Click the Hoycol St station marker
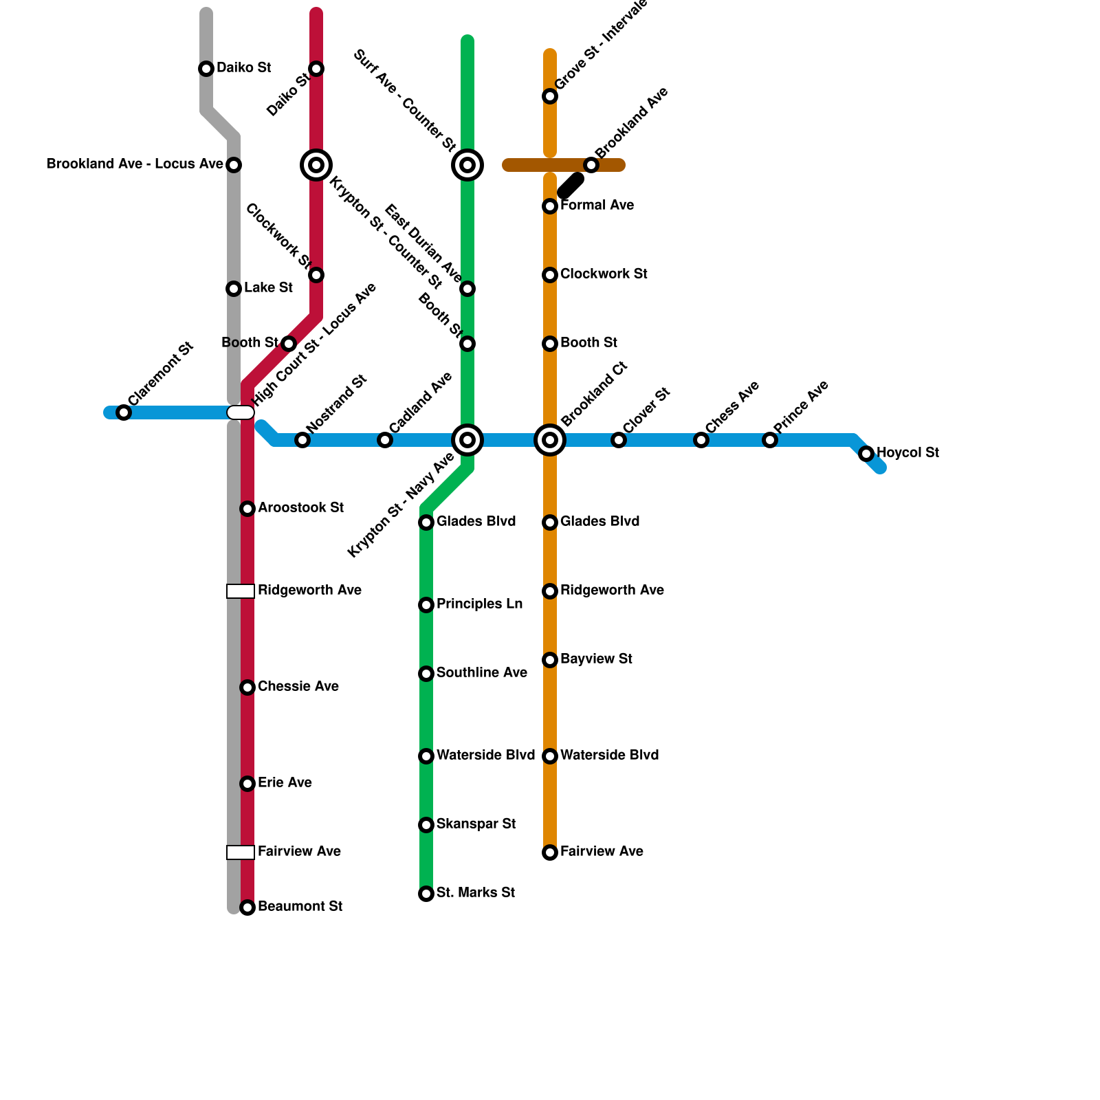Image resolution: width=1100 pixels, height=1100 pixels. tap(866, 454)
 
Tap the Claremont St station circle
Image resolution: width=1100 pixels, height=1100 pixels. tap(124, 412)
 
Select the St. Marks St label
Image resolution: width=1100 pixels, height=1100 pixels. tap(475, 892)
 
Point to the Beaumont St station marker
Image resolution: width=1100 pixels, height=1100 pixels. tap(247, 907)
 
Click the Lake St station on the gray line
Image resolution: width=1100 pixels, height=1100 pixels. tap(234, 289)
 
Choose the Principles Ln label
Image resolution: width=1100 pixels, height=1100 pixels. tap(479, 604)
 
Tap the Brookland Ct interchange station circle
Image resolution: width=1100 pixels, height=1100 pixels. tap(550, 440)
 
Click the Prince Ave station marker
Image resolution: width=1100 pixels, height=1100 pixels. tap(770, 440)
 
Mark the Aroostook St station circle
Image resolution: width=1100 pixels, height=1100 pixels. tap(247, 509)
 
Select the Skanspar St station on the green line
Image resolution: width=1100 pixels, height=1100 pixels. tap(426, 825)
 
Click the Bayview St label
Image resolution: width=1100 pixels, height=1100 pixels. tap(596, 659)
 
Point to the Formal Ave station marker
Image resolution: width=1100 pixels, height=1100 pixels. tap(550, 206)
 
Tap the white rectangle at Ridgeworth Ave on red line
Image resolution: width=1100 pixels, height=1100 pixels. tap(241, 591)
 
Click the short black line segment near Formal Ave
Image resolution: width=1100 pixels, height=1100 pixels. tap(571, 186)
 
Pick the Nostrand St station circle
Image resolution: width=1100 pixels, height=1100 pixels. tap(302, 440)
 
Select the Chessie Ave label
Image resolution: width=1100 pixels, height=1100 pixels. tap(298, 686)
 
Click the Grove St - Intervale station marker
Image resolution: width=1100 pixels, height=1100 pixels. tap(550, 96)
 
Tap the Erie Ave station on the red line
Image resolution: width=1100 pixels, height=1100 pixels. tap(247, 784)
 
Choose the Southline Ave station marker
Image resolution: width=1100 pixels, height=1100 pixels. tap(426, 674)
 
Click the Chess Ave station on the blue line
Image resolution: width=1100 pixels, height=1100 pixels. tap(701, 440)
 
